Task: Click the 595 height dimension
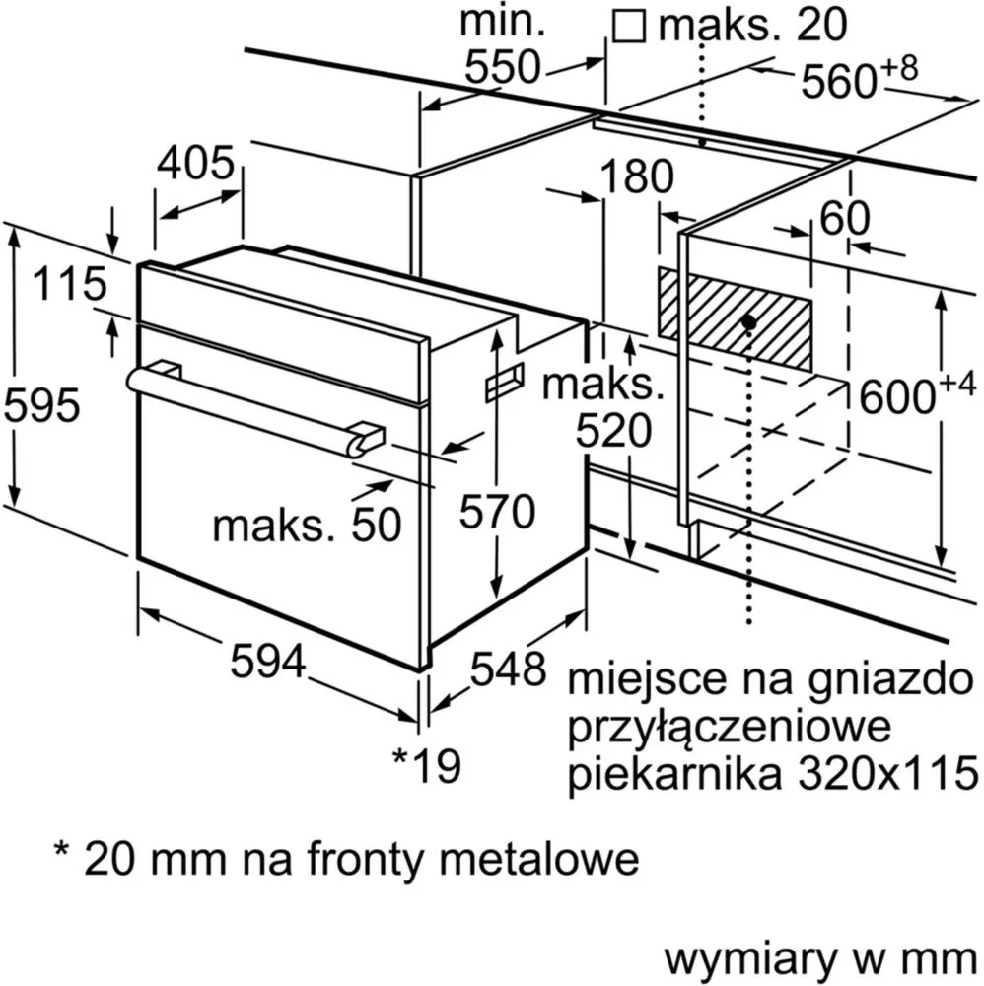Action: pyautogui.click(x=42, y=405)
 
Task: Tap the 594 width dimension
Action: pyautogui.click(x=268, y=661)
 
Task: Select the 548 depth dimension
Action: pyautogui.click(x=508, y=669)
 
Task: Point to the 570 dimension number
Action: pyautogui.click(x=497, y=511)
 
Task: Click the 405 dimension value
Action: pyautogui.click(x=195, y=163)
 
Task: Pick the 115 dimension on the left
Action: pyautogui.click(x=70, y=284)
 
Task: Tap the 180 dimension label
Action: pyautogui.click(x=637, y=176)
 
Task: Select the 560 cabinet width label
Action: pyautogui.click(x=858, y=78)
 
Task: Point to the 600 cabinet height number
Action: pyautogui.click(x=917, y=395)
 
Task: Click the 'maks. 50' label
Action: pyautogui.click(x=307, y=525)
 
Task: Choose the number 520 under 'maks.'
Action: pyautogui.click(x=614, y=432)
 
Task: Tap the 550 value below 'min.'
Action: pyautogui.click(x=503, y=67)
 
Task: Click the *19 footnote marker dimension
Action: pyautogui.click(x=427, y=765)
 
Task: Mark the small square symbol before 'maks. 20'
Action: pyautogui.click(x=629, y=28)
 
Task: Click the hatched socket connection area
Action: pyautogui.click(x=735, y=318)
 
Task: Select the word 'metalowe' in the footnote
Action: pyautogui.click(x=539, y=859)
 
